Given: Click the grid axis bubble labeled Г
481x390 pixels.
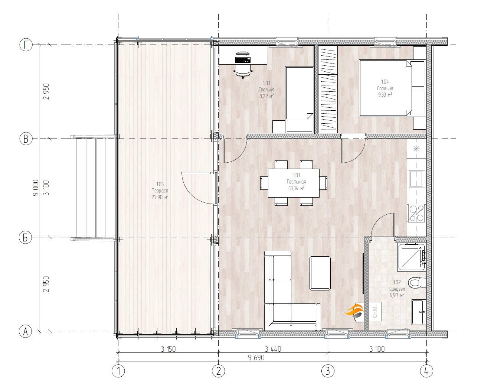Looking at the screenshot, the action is pos(26,45).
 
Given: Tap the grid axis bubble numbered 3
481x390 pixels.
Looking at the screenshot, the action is pos(328,371).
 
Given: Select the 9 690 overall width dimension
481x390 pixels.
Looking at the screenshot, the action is pos(256,358).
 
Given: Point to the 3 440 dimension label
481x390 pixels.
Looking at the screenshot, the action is pos(273,349).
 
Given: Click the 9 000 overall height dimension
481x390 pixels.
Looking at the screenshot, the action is pos(36,188).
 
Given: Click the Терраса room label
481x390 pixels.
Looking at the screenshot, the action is pos(160,191).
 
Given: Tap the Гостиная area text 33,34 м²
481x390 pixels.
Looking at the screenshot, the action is pos(296,188).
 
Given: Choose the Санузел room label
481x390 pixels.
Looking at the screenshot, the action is pos(397,289).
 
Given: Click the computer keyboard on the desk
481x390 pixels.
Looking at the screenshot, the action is pos(243,60).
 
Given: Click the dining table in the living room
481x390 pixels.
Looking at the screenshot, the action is pos(294,183).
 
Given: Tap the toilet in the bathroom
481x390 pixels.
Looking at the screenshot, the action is pos(417,282).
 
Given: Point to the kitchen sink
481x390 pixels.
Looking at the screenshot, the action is pos(417,179).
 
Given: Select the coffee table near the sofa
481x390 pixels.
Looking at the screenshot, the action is pos(320,273).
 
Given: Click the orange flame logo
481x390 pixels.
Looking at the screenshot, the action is pos(354,311).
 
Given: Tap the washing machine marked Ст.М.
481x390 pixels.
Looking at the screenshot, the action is pos(374,311).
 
